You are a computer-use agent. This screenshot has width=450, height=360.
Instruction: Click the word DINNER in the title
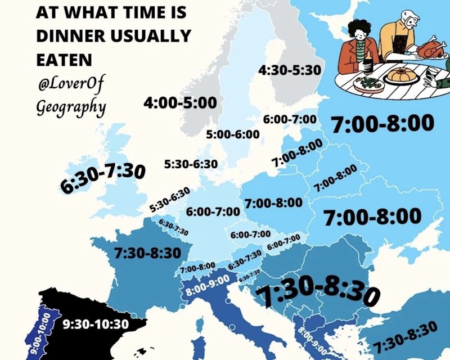[71, 35]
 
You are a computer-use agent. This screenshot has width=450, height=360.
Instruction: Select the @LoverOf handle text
[71, 84]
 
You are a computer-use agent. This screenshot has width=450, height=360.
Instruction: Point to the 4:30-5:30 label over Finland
[290, 70]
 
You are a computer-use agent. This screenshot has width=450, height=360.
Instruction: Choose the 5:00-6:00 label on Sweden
[233, 134]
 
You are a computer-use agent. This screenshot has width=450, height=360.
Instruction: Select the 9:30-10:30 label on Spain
[96, 325]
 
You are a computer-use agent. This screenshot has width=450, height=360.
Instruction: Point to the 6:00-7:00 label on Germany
[213, 211]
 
